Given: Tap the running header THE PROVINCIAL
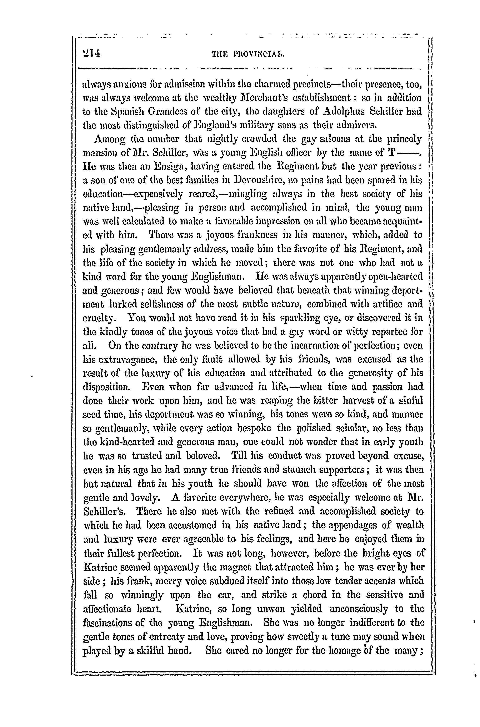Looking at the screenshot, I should click(x=248, y=55).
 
